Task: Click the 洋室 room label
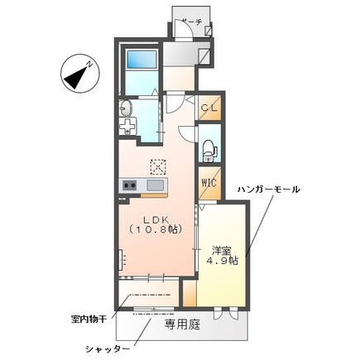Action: click(222, 248)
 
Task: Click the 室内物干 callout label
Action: click(90, 317)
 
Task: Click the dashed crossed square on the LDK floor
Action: click(157, 165)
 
